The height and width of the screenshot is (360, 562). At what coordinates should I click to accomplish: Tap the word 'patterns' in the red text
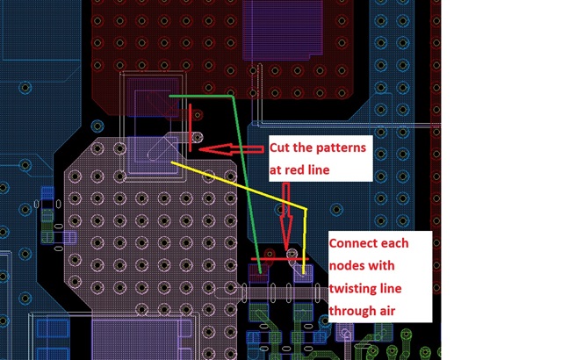pyautogui.click(x=339, y=145)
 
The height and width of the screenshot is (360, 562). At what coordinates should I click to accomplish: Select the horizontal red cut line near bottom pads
pyautogui.click(x=273, y=260)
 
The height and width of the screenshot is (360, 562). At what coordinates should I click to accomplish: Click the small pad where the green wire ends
pyautogui.click(x=258, y=273)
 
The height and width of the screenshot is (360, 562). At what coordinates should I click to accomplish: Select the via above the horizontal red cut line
pyautogui.click(x=292, y=254)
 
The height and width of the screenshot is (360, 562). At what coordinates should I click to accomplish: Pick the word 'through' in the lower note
pyautogui.click(x=349, y=311)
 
